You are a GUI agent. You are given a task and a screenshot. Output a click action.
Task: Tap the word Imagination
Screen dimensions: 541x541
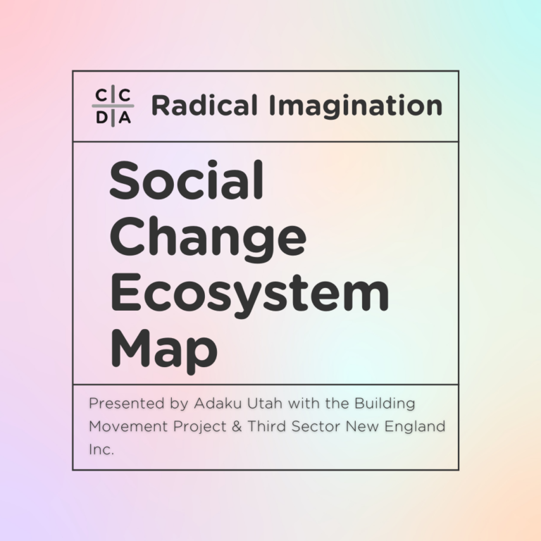click(356, 106)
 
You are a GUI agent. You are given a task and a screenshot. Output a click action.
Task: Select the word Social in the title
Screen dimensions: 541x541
click(186, 180)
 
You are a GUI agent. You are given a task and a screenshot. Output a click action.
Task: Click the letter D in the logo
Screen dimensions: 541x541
click(101, 118)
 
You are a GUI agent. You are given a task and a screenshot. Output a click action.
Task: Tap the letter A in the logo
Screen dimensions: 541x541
click(125, 118)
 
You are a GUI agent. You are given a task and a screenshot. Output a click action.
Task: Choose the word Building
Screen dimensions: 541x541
click(385, 404)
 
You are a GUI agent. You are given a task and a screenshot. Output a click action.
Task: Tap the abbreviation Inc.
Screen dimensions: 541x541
click(101, 449)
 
